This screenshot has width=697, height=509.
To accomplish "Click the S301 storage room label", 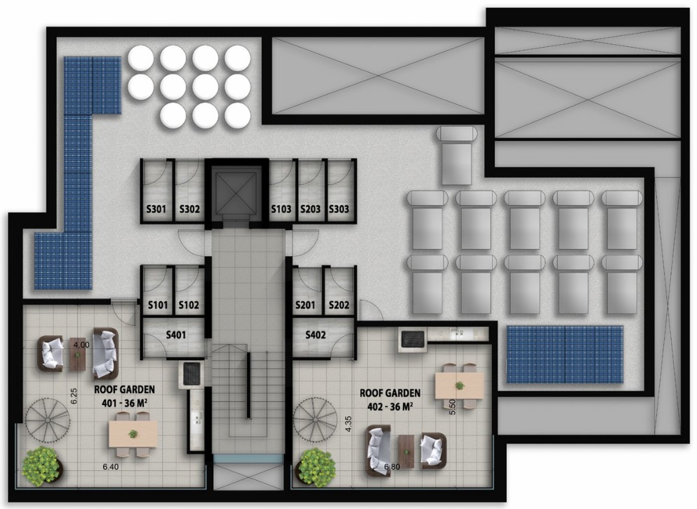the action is (156, 209).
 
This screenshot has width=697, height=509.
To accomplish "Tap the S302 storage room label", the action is (190, 209).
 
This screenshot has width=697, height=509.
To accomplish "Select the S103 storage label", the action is (281, 209).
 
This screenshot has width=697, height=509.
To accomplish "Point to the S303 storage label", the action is (339, 209).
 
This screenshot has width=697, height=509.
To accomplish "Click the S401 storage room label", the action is (176, 335).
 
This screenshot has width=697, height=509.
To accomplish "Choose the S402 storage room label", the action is (315, 335).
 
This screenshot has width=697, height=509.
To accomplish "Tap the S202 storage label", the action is (339, 305).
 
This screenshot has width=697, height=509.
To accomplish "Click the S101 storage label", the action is (158, 305).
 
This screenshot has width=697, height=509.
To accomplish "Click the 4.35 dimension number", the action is (348, 424).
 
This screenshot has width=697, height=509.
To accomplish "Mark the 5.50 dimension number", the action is (453, 407).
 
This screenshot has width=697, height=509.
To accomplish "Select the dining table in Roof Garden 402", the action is (459, 386).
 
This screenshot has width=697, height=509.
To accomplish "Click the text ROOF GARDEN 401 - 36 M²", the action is (124, 396).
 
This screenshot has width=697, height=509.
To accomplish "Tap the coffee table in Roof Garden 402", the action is (406, 452).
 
